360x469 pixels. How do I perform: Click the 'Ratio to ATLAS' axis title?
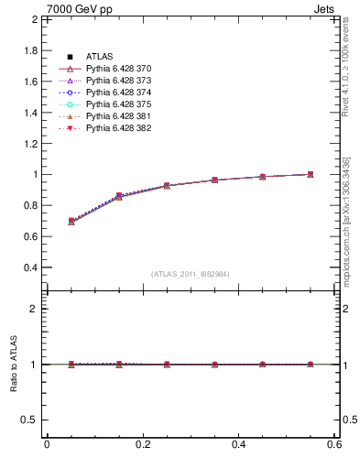[x=13, y=365]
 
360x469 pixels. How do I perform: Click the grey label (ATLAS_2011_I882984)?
[x=191, y=274]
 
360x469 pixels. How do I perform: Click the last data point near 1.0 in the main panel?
[x=311, y=174]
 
